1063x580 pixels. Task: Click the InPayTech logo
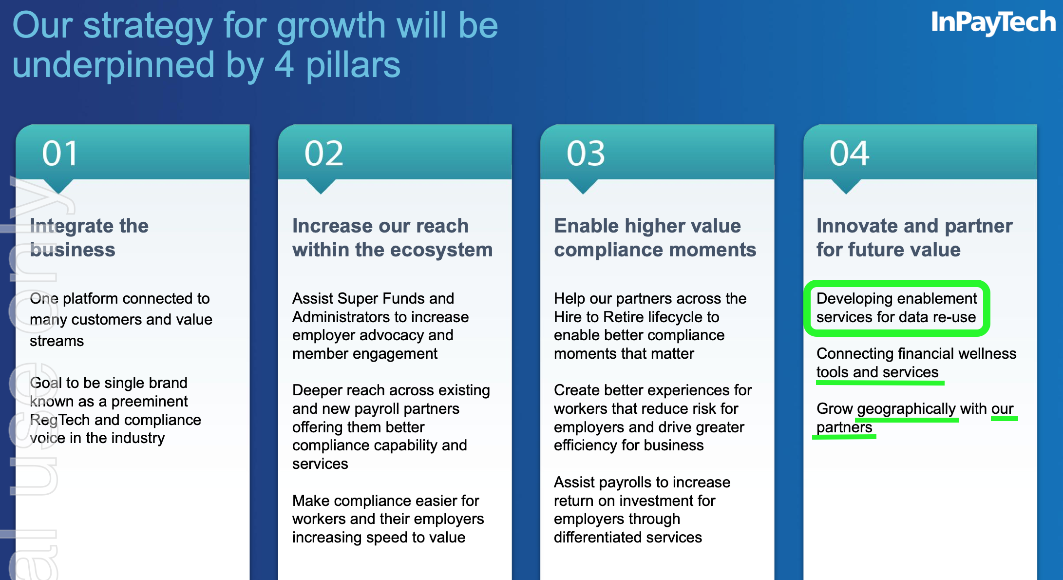click(993, 22)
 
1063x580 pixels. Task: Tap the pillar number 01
click(60, 154)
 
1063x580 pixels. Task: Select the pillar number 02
click(324, 154)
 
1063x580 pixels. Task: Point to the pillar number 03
click(586, 154)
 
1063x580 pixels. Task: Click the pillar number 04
click(849, 154)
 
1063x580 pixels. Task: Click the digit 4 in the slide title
click(284, 65)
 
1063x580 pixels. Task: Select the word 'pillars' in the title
click(353, 65)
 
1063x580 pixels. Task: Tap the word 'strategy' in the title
click(148, 26)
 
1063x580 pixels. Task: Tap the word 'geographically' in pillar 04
click(907, 409)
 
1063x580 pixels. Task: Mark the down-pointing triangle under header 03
click(583, 186)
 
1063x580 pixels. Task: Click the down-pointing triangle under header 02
click(321, 186)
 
